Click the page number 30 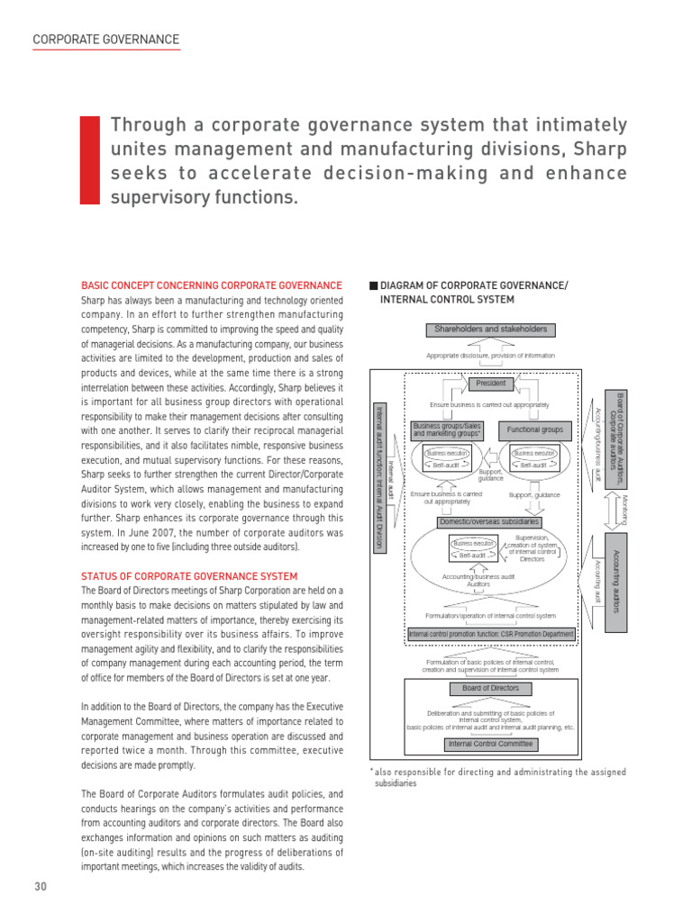41,886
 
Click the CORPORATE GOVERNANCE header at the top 105,40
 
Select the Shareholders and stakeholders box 490,330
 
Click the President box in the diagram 491,384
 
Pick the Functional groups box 534,430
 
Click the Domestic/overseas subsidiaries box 489,521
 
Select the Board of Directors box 490,689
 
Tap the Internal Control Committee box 491,744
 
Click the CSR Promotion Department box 490,634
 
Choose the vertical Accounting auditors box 615,581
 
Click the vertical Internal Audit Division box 380,477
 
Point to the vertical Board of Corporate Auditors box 616,438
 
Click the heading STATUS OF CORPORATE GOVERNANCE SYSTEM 189,575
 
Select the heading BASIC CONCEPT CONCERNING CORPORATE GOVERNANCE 212,285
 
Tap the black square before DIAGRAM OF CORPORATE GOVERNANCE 373,285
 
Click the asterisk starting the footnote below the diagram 370,771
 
